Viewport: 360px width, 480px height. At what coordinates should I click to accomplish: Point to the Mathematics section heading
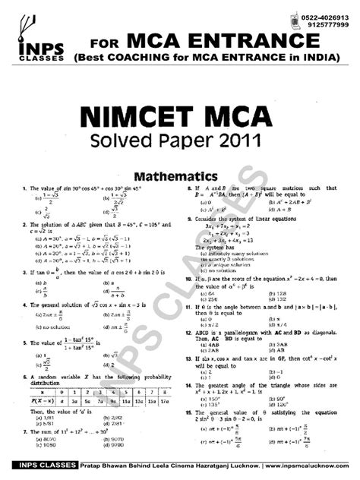(x=179, y=174)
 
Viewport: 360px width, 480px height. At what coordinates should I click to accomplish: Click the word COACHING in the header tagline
(x=152, y=56)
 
